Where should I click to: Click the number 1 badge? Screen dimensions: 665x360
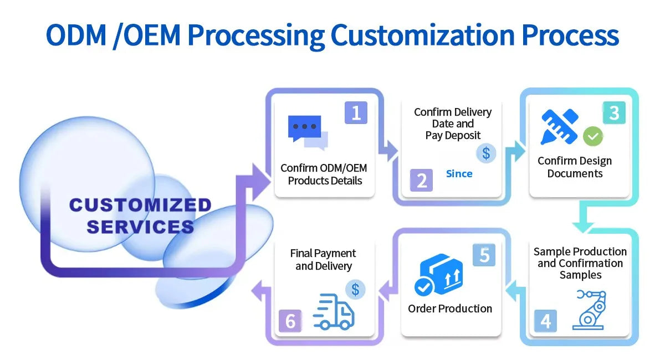(356, 112)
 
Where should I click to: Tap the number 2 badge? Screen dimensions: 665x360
(421, 180)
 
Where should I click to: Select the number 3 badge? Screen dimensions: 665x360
(614, 112)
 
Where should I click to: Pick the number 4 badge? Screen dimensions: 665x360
(545, 321)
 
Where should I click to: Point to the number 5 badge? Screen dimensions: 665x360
(484, 255)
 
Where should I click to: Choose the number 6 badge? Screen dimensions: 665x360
(290, 321)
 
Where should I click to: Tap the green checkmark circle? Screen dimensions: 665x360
(593, 136)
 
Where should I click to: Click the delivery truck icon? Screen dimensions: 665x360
(334, 312)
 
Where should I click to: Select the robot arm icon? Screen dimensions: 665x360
(589, 310)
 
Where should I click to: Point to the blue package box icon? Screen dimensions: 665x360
(442, 274)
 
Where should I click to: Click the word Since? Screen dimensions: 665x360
(459, 173)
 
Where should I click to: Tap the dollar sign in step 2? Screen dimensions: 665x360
(486, 153)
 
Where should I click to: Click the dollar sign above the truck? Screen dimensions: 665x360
(355, 289)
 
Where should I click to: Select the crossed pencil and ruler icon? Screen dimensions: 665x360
(560, 127)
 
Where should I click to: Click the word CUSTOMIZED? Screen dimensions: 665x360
(140, 205)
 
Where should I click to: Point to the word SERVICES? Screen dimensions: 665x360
(140, 227)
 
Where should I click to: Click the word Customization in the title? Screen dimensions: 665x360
(423, 35)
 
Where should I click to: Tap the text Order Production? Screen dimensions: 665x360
(450, 308)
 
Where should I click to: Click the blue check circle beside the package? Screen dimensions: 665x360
(424, 287)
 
